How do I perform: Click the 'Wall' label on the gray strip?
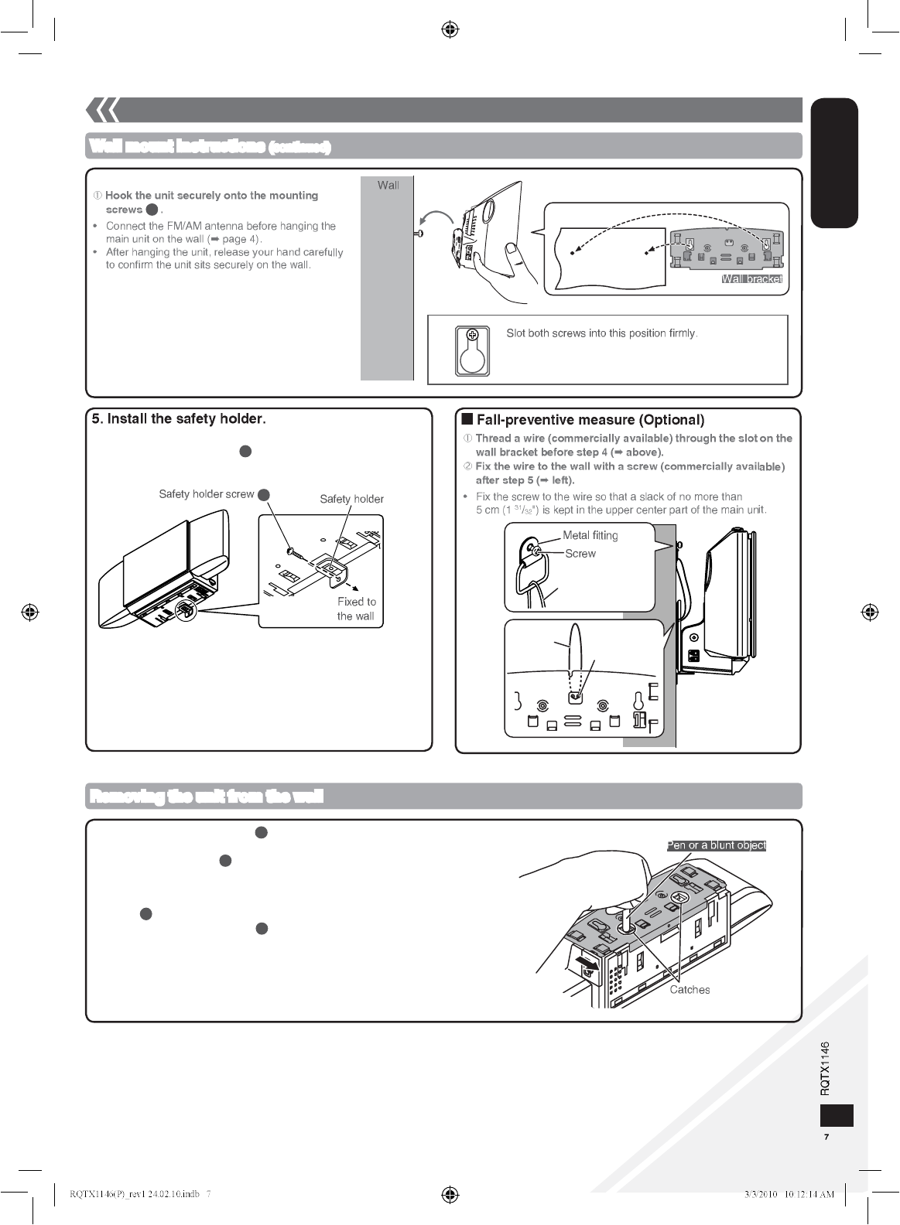388,185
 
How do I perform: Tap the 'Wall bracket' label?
751,279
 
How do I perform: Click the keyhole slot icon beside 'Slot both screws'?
472,350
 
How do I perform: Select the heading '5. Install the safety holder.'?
179,419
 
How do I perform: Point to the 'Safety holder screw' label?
206,494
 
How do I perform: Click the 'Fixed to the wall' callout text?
356,609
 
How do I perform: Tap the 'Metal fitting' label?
590,535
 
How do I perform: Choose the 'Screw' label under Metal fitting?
580,554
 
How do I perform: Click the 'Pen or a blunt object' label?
717,845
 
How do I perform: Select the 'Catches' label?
690,990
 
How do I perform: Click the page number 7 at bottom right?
826,1138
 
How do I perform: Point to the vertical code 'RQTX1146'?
825,1067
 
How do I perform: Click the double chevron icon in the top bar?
102,111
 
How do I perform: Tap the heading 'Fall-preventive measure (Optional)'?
590,420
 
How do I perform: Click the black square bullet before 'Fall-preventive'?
467,420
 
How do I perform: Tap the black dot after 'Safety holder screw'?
263,495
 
